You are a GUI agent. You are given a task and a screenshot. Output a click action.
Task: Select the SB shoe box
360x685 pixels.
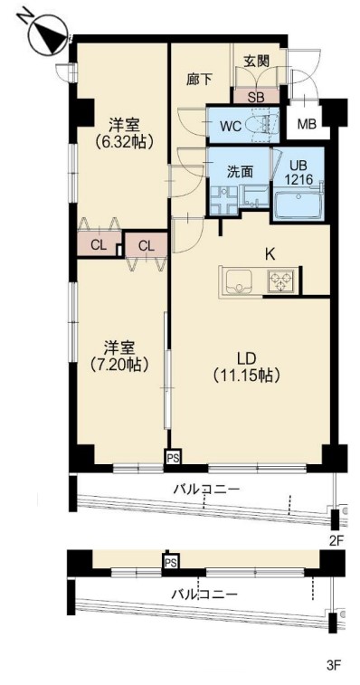[x=256, y=97]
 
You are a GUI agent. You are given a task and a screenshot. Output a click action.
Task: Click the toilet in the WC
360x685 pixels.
[x=261, y=126]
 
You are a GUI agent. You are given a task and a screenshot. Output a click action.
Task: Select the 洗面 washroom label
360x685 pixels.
[x=240, y=172]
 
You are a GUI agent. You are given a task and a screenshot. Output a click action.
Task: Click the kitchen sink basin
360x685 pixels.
[x=239, y=282]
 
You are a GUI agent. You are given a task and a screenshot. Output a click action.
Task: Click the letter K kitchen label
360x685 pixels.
[x=270, y=255]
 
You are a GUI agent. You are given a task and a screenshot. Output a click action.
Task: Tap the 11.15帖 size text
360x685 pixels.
[x=246, y=376]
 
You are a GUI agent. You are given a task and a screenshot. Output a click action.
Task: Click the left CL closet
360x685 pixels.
[x=99, y=244]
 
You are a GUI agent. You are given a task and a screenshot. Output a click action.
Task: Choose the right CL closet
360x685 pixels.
[x=147, y=245]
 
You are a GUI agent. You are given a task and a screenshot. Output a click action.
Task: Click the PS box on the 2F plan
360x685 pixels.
[x=174, y=457]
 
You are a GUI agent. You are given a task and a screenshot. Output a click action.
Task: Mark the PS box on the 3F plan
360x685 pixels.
[x=170, y=562]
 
